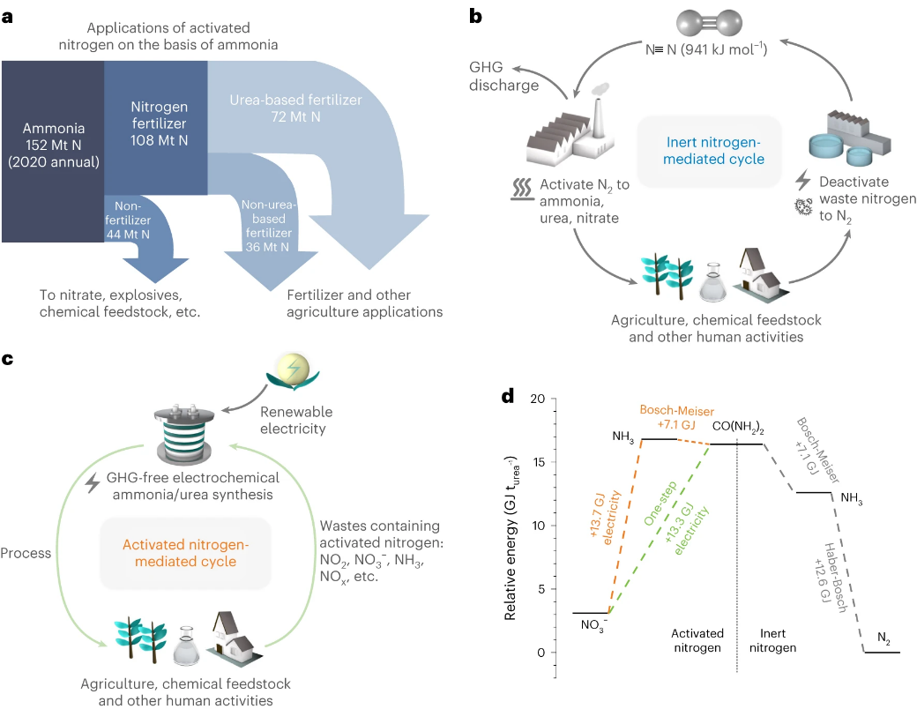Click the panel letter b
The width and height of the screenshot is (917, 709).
tap(475, 15)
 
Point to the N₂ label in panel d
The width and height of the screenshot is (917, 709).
tap(883, 638)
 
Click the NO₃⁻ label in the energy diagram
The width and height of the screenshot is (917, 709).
tap(593, 626)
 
